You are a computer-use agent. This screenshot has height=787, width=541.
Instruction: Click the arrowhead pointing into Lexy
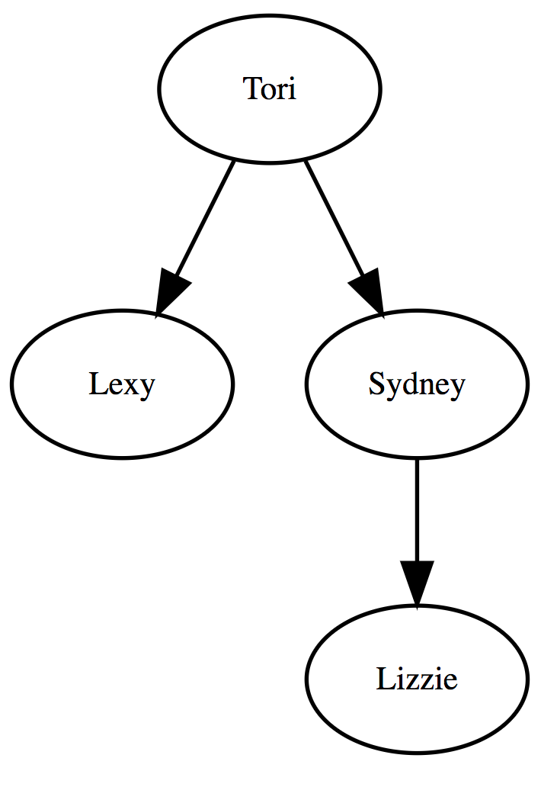pyautogui.click(x=170, y=293)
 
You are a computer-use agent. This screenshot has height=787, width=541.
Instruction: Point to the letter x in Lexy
pyautogui.click(x=130, y=387)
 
